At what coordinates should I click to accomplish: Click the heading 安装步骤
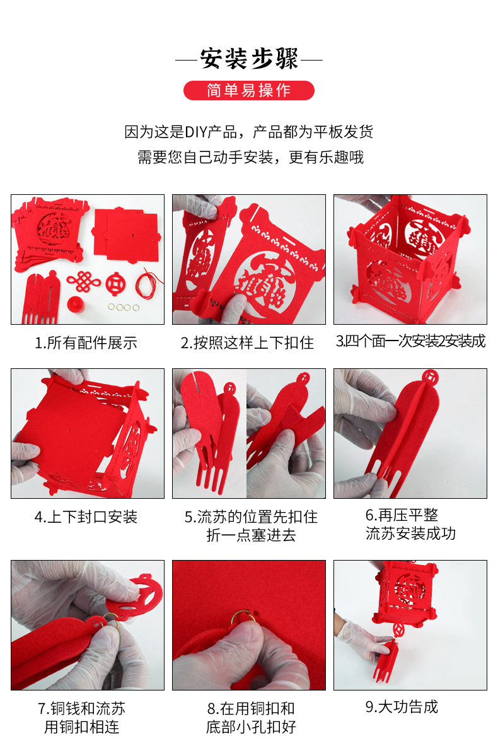[x=248, y=59]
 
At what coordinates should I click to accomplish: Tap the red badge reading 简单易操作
[x=248, y=90]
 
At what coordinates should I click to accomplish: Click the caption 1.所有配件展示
[x=86, y=343]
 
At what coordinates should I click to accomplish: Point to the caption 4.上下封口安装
[x=86, y=517]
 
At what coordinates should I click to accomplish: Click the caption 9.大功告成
[x=402, y=707]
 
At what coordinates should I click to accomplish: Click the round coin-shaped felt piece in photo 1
[x=115, y=283]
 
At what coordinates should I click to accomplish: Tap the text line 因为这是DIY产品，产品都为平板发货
[x=248, y=132]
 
